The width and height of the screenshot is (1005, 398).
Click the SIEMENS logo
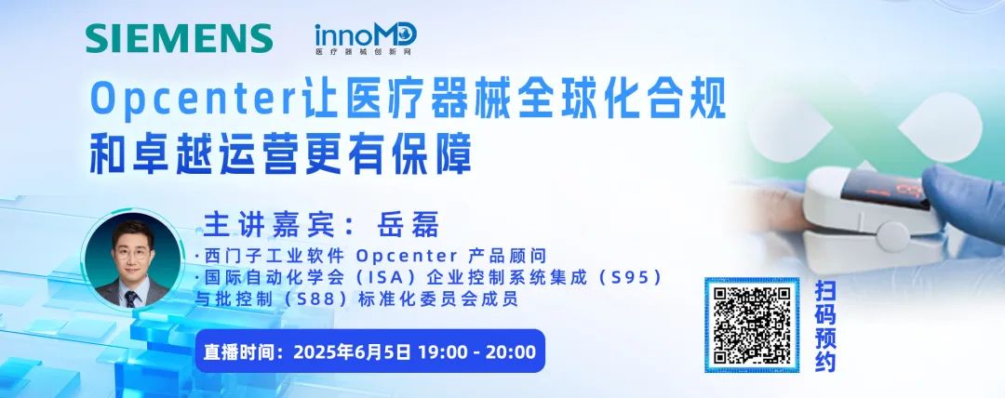click(180, 38)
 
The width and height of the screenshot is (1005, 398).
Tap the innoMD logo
click(366, 38)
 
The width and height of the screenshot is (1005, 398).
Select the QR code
click(752, 325)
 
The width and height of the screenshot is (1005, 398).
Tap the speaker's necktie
click(131, 298)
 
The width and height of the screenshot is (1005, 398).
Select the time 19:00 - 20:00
click(476, 352)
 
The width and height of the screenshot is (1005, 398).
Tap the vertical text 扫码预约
click(825, 325)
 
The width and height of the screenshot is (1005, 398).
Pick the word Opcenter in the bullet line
click(407, 257)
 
